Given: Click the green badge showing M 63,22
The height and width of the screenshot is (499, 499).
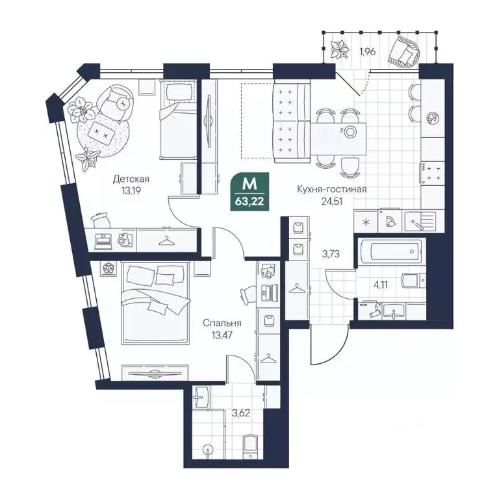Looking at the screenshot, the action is tap(249, 192).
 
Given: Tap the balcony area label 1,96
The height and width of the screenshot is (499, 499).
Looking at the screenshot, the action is tap(368, 51).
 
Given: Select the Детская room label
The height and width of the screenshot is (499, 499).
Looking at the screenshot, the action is tap(131, 179).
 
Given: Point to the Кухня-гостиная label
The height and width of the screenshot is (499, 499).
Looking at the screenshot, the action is tap(331, 189).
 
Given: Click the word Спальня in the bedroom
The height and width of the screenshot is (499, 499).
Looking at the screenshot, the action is tap(222, 323).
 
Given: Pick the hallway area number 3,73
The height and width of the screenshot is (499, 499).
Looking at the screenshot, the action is tap(331, 254).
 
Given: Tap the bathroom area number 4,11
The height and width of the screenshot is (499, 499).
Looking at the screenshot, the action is tap(380, 285).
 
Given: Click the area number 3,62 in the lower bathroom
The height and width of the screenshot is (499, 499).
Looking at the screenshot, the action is tap(240, 413).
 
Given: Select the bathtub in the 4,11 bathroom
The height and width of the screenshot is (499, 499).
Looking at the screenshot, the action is tap(391, 251).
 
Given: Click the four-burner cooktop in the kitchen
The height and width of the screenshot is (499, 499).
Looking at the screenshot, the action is tap(433, 173).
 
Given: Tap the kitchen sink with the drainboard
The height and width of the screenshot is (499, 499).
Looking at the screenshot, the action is tap(420, 220).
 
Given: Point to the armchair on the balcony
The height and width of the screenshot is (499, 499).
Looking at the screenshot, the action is tap(403, 51).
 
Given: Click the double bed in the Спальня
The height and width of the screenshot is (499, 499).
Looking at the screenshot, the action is tap(155, 303).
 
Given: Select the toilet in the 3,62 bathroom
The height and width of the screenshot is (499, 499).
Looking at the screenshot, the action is tap(250, 446).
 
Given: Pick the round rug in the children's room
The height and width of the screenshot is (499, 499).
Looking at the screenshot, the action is tap(103, 135).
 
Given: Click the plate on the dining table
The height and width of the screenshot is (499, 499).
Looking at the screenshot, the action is tap(350, 132).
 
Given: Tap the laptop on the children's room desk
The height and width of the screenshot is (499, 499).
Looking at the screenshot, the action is tap(103, 241).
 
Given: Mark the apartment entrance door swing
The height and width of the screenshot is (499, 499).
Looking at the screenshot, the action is tap(331, 346).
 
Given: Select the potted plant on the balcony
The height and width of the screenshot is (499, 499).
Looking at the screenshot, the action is tap(338, 49).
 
